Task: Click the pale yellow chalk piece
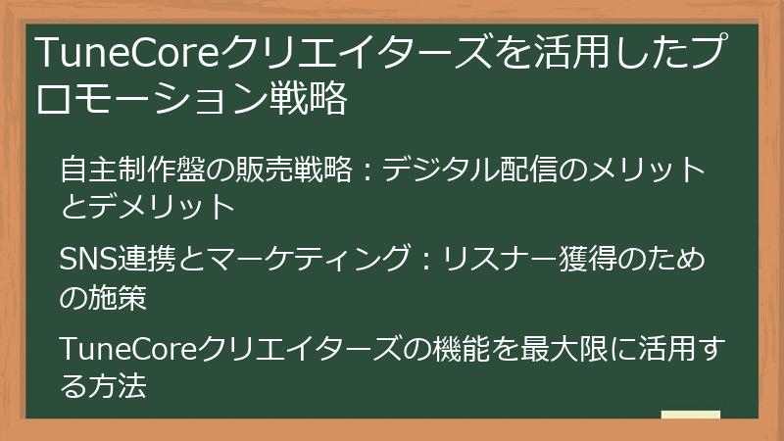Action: click(691, 415)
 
